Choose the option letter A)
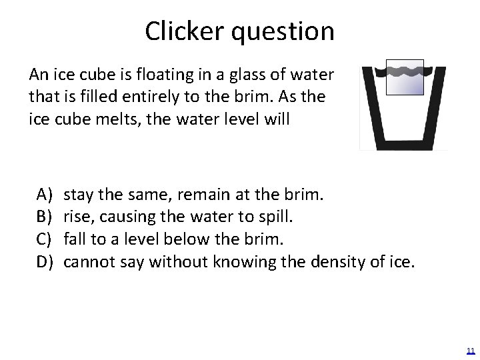click(x=45, y=194)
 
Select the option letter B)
click(x=45, y=216)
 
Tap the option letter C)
click(x=45, y=238)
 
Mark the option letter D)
click(x=45, y=260)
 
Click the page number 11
click(x=470, y=351)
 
